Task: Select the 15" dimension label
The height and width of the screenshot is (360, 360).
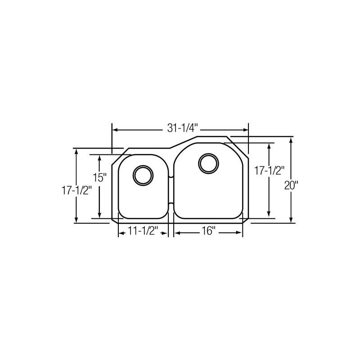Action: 100,177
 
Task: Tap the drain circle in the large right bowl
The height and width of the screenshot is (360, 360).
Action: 208,162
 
